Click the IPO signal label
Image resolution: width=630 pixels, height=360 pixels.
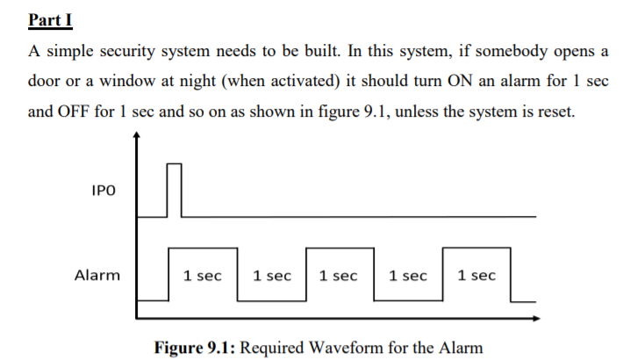103,191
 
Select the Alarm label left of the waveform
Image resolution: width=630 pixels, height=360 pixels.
97,275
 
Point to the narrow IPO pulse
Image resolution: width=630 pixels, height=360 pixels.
175,189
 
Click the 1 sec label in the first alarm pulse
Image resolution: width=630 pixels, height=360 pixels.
203,276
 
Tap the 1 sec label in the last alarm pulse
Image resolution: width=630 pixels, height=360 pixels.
476,276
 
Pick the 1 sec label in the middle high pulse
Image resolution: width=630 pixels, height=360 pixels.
340,276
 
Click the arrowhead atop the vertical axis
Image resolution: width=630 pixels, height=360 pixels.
137,135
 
